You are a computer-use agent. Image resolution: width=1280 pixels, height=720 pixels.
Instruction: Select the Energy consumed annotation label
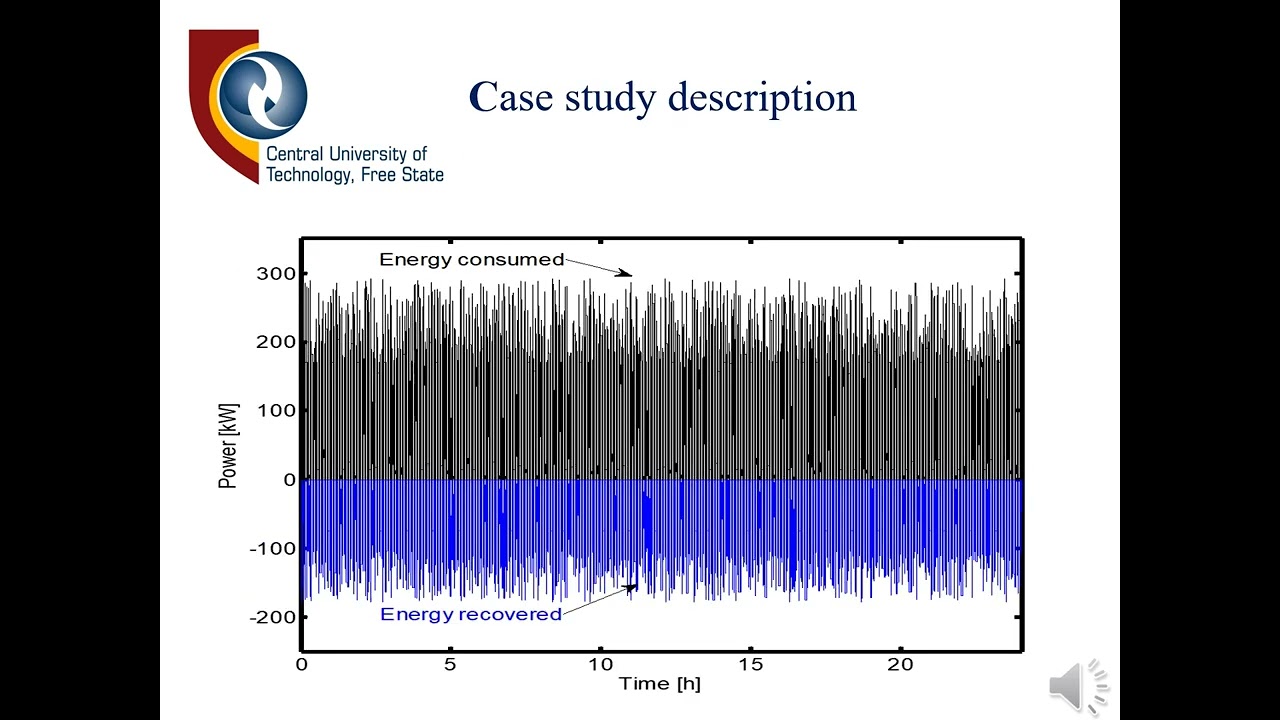tap(472, 260)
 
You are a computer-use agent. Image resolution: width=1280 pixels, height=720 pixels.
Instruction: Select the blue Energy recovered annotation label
tap(471, 614)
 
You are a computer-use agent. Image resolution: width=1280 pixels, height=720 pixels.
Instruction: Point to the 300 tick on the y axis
tap(276, 274)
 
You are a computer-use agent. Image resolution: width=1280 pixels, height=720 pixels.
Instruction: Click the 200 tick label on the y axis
tap(276, 342)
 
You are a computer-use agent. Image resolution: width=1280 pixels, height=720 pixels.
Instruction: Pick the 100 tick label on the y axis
tap(276, 410)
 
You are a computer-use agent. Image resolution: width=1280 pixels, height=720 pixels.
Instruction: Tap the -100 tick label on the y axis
tap(272, 548)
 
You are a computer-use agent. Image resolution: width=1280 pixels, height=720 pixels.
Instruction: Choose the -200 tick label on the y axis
tap(272, 617)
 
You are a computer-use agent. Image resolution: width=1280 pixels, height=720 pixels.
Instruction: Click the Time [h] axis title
tap(659, 684)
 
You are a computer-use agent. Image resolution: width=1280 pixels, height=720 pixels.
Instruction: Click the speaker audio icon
tap(1077, 687)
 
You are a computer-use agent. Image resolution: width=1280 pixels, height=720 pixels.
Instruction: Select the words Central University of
tap(346, 155)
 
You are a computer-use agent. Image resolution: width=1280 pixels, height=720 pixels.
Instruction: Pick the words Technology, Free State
tap(354, 176)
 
